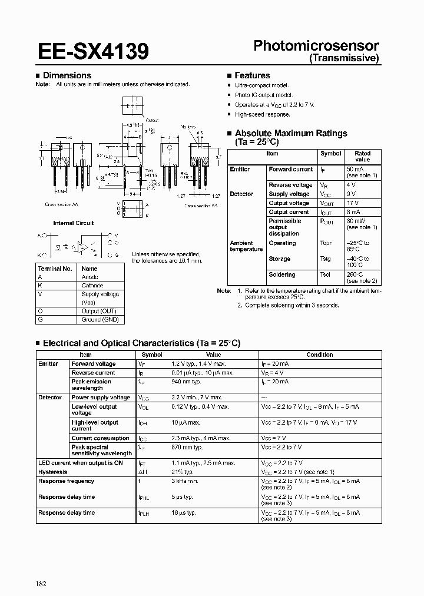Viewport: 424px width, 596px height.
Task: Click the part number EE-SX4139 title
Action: click(x=93, y=52)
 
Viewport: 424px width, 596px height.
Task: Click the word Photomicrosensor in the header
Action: click(x=316, y=46)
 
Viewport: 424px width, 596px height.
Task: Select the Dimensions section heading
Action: click(x=67, y=75)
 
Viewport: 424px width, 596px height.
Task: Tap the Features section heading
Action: click(x=252, y=75)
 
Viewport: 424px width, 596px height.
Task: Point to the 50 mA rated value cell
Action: click(x=355, y=169)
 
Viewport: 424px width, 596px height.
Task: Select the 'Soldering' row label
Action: click(x=282, y=274)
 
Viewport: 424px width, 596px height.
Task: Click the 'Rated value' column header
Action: click(x=362, y=156)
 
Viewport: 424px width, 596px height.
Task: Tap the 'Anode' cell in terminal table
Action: click(x=90, y=277)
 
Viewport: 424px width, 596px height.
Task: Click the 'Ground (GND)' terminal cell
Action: click(x=100, y=319)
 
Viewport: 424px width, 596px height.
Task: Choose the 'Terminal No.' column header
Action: click(x=55, y=268)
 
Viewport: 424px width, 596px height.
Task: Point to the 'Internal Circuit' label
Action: click(x=73, y=223)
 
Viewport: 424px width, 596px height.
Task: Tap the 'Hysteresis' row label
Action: click(x=53, y=472)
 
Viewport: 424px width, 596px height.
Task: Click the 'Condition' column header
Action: click(x=320, y=355)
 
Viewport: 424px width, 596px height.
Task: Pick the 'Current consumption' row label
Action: click(x=100, y=438)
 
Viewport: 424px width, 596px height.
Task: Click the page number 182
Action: click(x=40, y=567)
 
